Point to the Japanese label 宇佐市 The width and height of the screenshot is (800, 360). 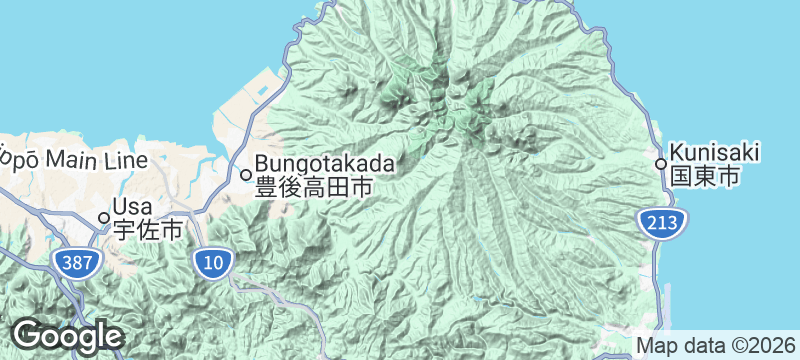click(x=148, y=230)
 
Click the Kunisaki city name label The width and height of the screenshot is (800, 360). click(x=715, y=153)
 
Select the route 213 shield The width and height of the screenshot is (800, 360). click(x=661, y=223)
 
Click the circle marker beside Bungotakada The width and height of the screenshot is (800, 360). click(x=246, y=174)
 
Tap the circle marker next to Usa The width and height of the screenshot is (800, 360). click(x=103, y=217)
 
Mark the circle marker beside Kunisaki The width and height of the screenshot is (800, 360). click(x=661, y=164)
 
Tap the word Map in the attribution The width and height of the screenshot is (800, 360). click(x=657, y=345)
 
